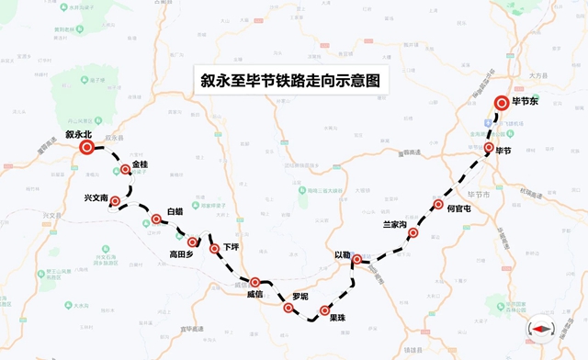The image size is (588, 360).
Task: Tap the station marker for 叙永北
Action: click(x=86, y=147)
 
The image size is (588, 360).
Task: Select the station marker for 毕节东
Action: click(x=502, y=104)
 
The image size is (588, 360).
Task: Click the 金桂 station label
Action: click(x=140, y=164)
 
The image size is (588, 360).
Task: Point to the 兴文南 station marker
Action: click(x=115, y=200)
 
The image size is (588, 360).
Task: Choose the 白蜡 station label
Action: click(x=175, y=212)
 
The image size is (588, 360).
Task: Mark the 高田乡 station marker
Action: click(x=193, y=242)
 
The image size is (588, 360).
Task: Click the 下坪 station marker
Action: click(x=214, y=248)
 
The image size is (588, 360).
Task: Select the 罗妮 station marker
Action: click(x=288, y=309)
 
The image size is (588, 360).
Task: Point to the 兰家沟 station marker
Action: click(x=413, y=233)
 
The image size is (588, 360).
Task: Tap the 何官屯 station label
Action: click(x=458, y=209)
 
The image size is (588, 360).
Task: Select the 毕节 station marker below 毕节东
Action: click(x=488, y=147)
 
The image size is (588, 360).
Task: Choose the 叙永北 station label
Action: click(x=80, y=132)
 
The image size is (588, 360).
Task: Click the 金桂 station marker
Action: click(x=125, y=169)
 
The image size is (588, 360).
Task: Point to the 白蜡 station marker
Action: click(x=156, y=219)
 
